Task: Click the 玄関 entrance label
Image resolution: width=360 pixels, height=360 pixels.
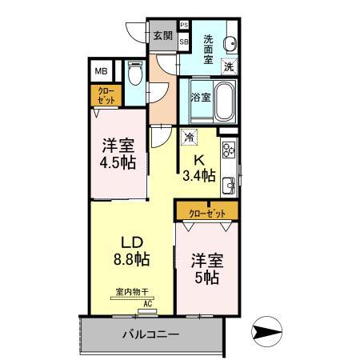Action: [x=162, y=35]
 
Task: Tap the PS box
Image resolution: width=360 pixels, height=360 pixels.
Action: [x=184, y=26]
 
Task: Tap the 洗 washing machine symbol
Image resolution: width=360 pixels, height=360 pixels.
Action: [x=230, y=67]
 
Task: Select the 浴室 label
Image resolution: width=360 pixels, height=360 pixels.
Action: [x=200, y=98]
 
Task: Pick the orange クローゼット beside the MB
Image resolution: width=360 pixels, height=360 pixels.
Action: [x=106, y=95]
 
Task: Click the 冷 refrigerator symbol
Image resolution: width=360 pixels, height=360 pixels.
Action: [x=189, y=138]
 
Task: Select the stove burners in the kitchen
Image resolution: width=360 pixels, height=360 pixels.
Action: [x=229, y=150]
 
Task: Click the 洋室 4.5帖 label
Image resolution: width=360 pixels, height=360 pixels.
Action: [x=118, y=154]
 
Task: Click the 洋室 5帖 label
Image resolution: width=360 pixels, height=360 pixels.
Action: [x=206, y=269]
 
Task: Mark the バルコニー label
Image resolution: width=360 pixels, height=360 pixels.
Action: [x=150, y=334]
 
